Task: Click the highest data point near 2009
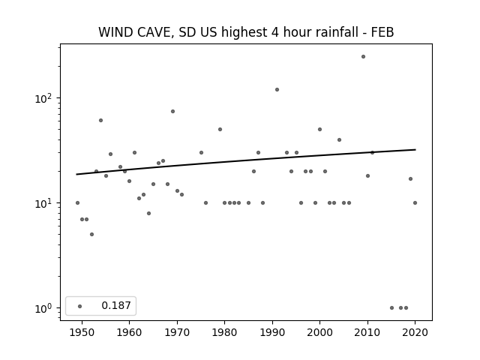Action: coord(363,57)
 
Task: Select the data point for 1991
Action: coord(277,90)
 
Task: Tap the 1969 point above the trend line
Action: coord(172,112)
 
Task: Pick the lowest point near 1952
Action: coord(91,235)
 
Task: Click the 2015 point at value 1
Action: coord(391,308)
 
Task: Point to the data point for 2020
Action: coord(415,203)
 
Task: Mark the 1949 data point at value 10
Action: coord(77,203)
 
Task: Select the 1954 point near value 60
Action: coord(100,121)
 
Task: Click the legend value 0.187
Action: coord(116,305)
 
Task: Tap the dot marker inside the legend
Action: coord(80,307)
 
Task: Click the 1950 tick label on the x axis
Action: coord(82,332)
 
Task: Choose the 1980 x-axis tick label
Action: coord(224,332)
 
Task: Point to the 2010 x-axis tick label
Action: coord(367,332)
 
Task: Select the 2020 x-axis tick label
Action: coord(415,332)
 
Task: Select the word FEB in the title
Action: coord(382,32)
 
